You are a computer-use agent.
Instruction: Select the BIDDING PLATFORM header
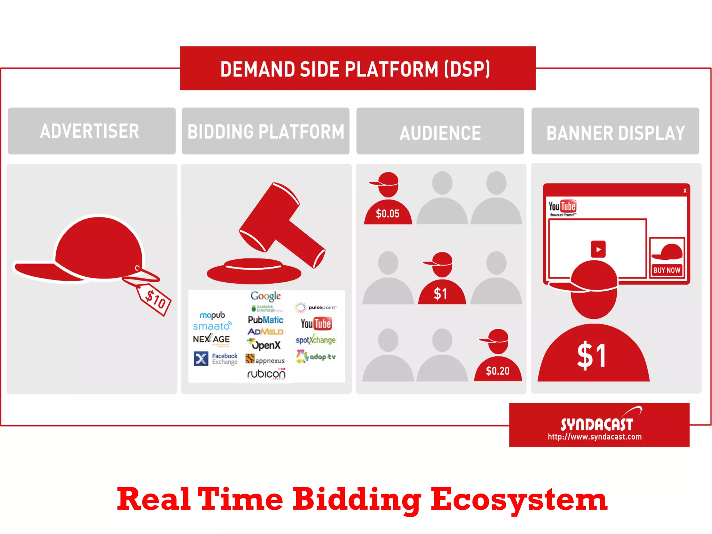tap(266, 131)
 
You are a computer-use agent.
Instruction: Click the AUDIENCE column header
tap(440, 132)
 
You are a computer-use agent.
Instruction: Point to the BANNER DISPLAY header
tap(615, 132)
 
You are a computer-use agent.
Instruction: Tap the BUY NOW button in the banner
tap(666, 270)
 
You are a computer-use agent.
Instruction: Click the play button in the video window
tap(598, 249)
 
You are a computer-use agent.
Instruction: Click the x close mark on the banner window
tap(685, 191)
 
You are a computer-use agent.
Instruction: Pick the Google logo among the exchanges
tap(266, 296)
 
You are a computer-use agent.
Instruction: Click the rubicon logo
tap(266, 374)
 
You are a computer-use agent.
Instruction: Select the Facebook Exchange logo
tap(216, 359)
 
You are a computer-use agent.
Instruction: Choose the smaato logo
tap(212, 326)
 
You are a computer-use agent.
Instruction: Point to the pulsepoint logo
tap(316, 307)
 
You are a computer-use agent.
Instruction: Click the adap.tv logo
tap(316, 357)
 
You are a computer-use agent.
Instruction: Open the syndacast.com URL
tap(594, 437)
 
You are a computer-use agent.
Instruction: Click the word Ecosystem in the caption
tap(519, 499)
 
